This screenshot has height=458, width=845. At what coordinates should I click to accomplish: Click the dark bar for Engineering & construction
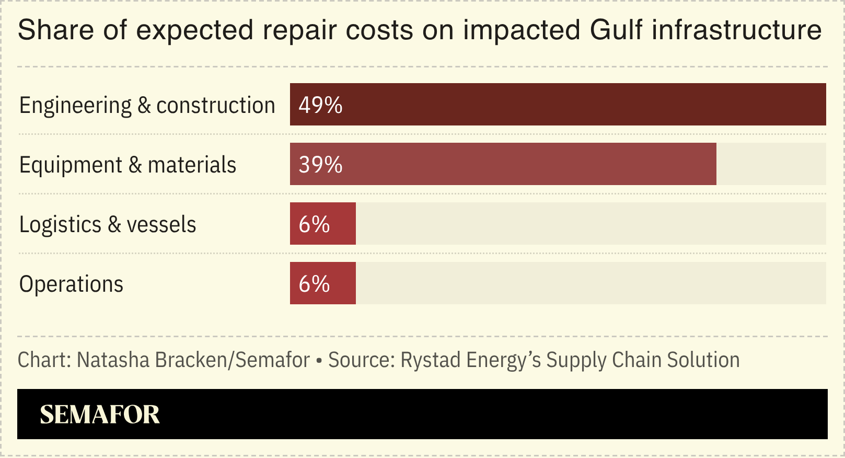coord(558,105)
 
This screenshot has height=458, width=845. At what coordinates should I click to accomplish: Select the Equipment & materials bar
coord(503,164)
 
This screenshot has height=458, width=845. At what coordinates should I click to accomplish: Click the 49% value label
coord(320,105)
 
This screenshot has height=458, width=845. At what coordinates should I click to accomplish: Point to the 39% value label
coord(320,165)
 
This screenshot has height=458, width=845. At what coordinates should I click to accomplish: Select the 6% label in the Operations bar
coord(314,284)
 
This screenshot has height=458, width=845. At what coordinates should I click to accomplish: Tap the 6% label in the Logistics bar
coord(314,224)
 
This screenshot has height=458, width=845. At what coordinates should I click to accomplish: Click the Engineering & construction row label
coord(147,105)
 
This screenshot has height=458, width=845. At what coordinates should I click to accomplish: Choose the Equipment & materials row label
coord(128,165)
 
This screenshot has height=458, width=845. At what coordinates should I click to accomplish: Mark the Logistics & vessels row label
coord(107,224)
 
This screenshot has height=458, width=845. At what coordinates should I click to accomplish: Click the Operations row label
coord(71,284)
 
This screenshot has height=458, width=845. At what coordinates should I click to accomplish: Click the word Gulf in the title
coord(616,30)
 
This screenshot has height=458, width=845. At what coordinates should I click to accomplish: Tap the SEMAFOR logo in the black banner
coord(99,414)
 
